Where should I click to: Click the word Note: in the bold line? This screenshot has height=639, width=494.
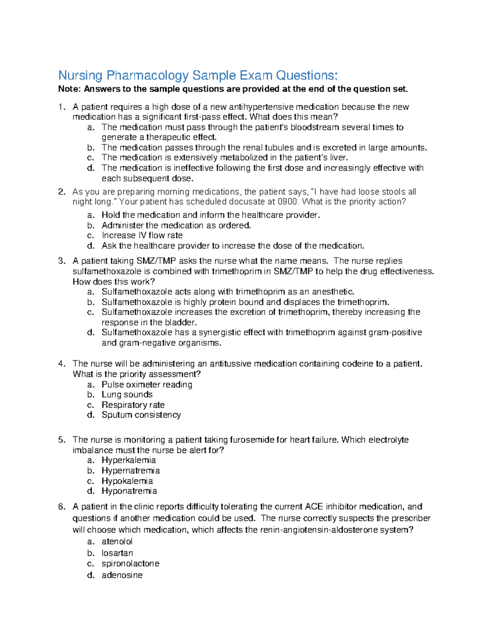click(70, 89)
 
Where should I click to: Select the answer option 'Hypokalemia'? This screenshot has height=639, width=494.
click(127, 481)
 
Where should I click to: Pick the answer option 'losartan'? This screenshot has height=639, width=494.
click(117, 553)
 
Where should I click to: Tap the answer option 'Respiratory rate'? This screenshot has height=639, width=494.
click(133, 405)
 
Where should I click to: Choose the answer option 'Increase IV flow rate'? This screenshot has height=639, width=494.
click(142, 235)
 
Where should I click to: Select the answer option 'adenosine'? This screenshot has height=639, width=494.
click(122, 575)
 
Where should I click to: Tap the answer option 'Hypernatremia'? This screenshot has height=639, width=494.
click(130, 471)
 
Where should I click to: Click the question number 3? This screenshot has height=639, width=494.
click(61, 261)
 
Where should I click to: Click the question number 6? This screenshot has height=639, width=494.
click(61, 507)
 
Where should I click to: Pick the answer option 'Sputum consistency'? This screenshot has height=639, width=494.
click(141, 415)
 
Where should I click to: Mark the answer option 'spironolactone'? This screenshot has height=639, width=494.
click(130, 564)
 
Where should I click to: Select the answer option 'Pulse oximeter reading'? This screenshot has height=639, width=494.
click(147, 385)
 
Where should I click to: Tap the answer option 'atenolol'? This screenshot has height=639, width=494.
click(117, 541)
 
